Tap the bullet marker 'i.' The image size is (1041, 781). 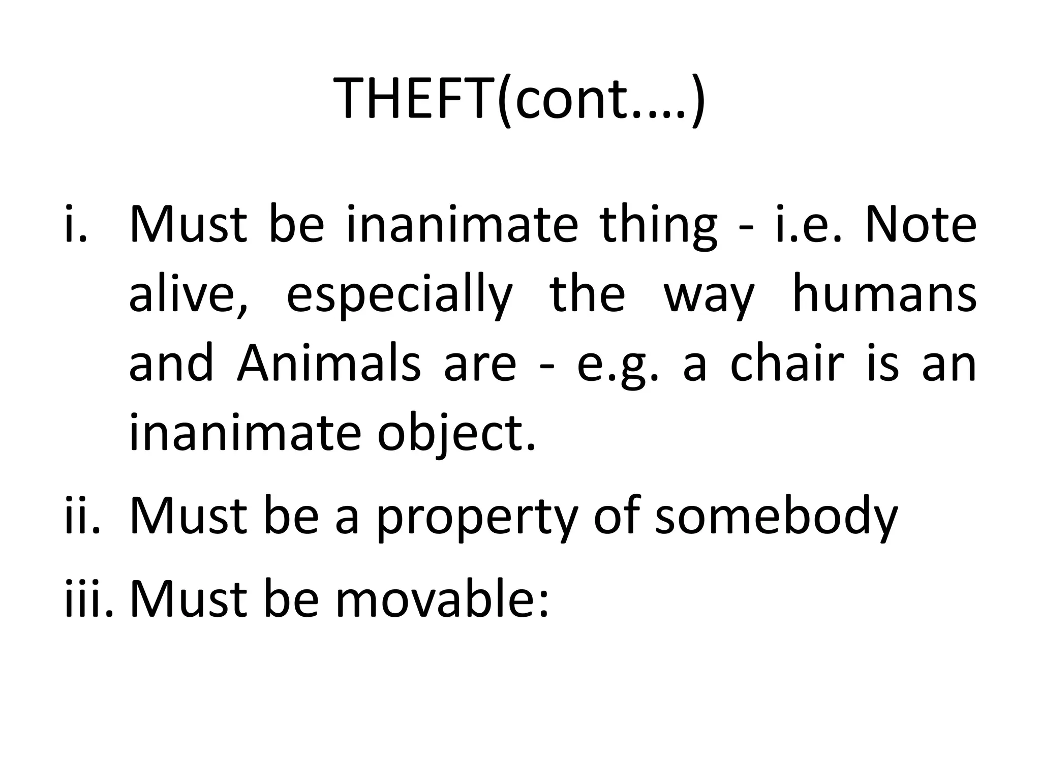click(x=76, y=224)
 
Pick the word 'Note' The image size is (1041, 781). click(x=920, y=224)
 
